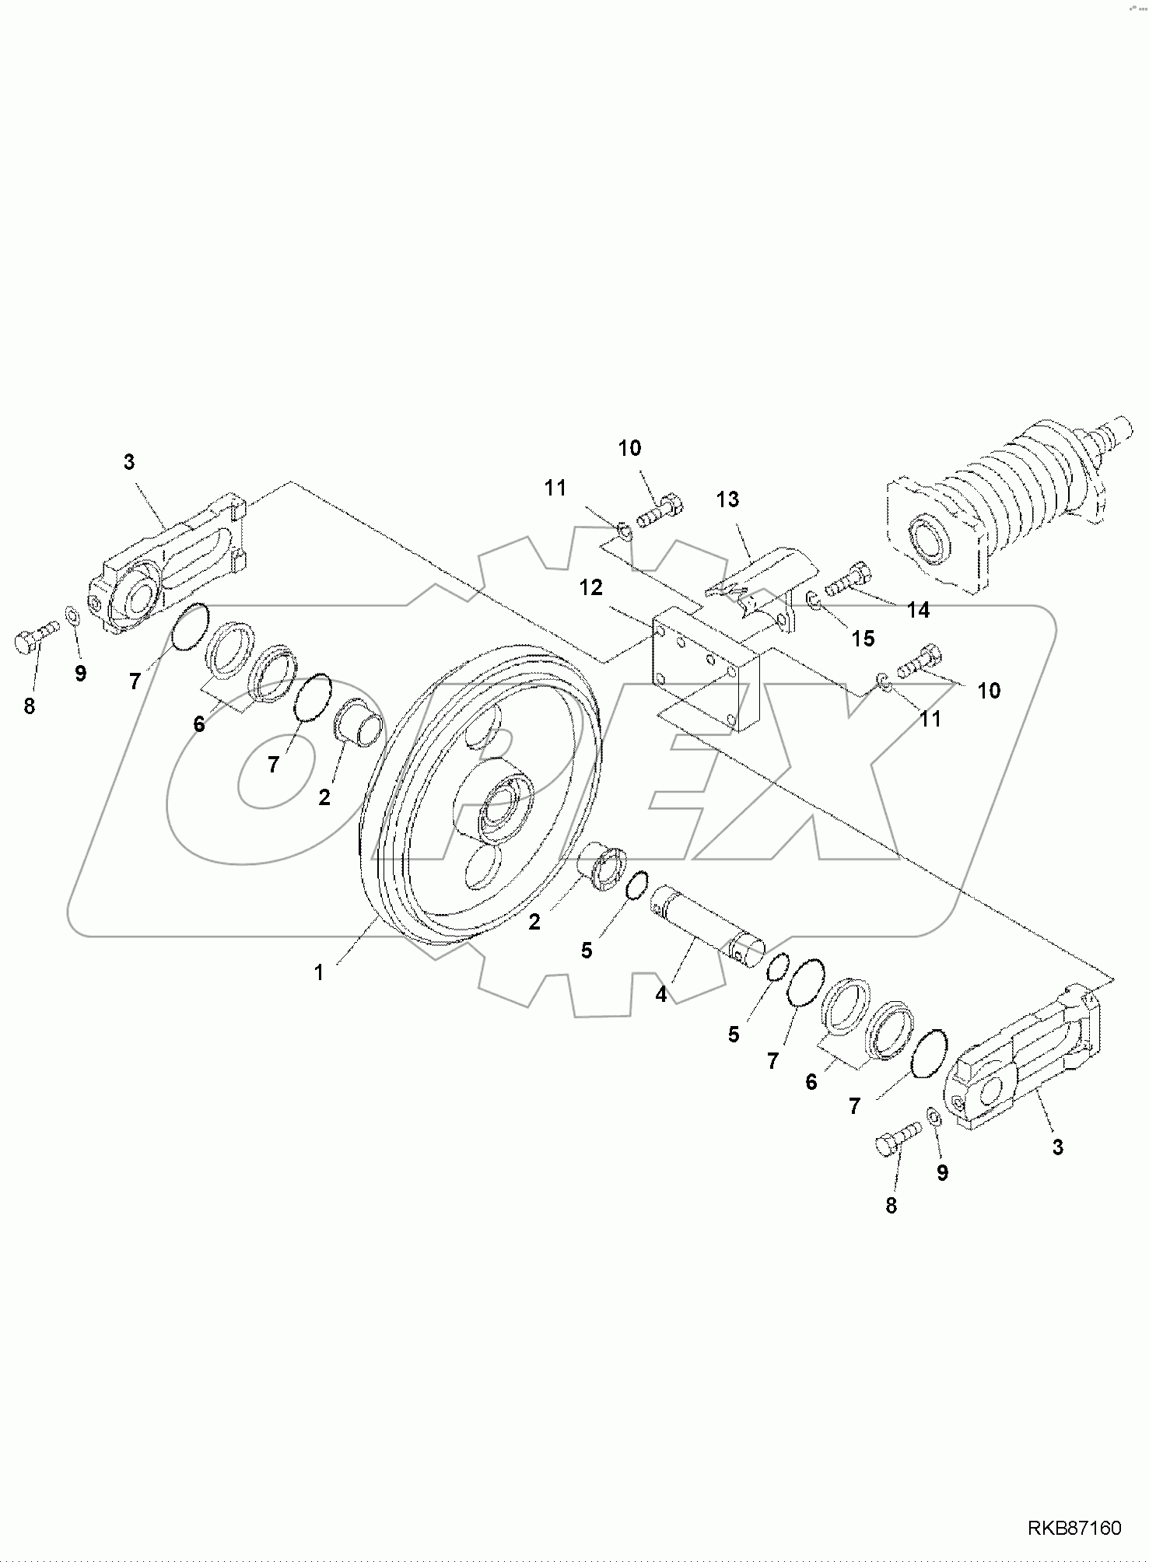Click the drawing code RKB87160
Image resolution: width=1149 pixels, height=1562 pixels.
(1075, 1529)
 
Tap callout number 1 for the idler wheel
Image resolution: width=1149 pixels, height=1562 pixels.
(318, 972)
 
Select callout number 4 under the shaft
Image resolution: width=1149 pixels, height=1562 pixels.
(660, 994)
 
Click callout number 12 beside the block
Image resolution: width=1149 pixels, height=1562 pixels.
(590, 588)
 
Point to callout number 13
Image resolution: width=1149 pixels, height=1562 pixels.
(727, 499)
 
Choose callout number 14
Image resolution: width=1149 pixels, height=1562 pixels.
(918, 611)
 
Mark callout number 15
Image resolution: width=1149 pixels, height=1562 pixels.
(863, 639)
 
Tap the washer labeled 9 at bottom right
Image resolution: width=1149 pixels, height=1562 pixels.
(934, 1117)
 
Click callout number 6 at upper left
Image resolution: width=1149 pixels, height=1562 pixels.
(199, 725)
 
